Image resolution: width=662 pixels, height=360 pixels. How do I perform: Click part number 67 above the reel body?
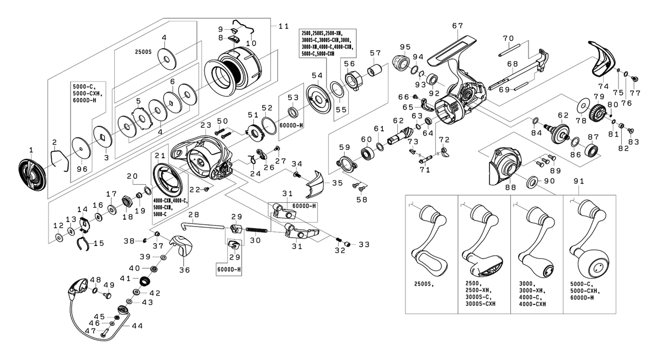pyautogui.click(x=457, y=26)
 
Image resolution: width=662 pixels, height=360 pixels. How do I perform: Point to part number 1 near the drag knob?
pyautogui.click(x=31, y=149)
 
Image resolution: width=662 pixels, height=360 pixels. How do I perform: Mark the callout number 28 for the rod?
pyautogui.click(x=193, y=214)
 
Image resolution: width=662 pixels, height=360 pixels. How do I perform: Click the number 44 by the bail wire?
pyautogui.click(x=136, y=326)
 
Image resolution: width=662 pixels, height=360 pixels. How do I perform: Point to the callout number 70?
pyautogui.click(x=508, y=39)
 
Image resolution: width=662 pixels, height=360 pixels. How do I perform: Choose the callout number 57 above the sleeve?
pyautogui.click(x=376, y=53)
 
